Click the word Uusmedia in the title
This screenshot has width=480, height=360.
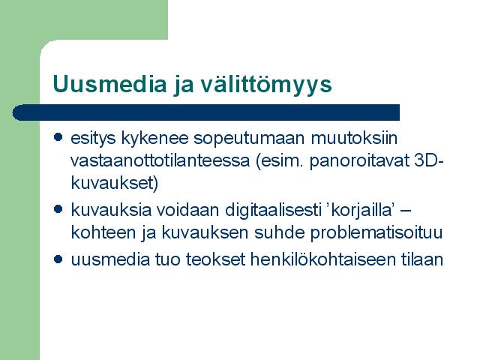click(x=109, y=83)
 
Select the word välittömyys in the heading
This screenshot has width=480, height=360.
click(x=266, y=83)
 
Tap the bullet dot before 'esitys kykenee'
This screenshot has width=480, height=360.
click(x=58, y=136)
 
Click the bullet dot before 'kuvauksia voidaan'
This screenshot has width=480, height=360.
click(x=58, y=209)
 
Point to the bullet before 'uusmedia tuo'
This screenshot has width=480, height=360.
click(x=58, y=259)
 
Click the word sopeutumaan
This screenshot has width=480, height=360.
click(x=249, y=139)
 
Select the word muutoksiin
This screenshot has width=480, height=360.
click(x=354, y=137)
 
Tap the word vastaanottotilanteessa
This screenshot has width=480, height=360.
click(x=160, y=160)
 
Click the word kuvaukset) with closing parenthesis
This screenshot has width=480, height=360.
click(x=115, y=183)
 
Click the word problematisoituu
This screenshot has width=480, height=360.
click(x=376, y=233)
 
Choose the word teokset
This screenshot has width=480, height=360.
click(x=215, y=260)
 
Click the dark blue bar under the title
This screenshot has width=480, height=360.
click(x=205, y=112)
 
